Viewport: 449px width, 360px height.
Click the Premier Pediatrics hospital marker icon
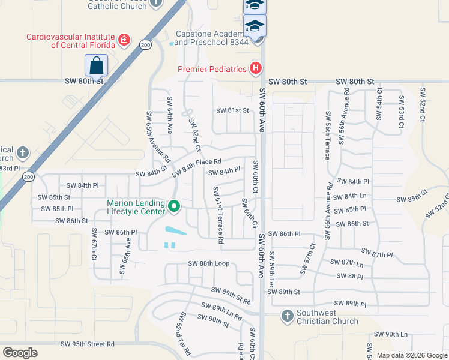coord(256,68)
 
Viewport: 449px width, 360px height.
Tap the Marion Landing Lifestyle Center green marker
coord(174,207)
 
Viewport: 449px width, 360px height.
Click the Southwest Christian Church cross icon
coord(287,316)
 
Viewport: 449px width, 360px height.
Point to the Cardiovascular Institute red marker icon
coord(124,41)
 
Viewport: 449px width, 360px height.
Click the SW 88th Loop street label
coord(209,263)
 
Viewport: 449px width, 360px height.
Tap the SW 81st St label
coord(232,110)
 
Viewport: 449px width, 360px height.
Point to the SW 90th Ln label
coord(391,334)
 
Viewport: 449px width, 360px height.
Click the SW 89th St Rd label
coord(231,295)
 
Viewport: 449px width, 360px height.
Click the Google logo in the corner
coord(20,353)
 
